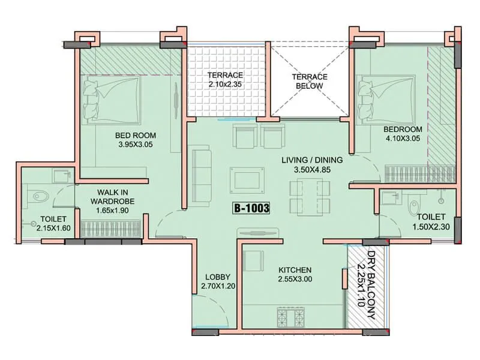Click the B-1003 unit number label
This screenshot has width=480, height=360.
click(x=251, y=209)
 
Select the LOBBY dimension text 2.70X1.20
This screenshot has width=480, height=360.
click(x=218, y=286)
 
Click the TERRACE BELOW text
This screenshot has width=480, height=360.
click(x=309, y=82)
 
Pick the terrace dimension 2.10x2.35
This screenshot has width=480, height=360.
click(x=225, y=85)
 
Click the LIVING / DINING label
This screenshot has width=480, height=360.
click(x=313, y=160)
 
